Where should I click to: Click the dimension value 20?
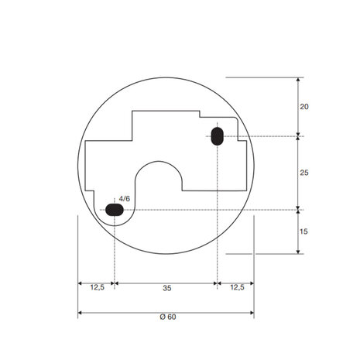click(304, 107)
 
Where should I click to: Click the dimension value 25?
click(304, 173)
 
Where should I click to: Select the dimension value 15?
click(303, 231)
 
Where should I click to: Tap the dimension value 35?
click(167, 288)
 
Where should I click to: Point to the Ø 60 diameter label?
click(168, 317)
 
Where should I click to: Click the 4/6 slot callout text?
click(125, 199)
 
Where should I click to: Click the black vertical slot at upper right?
click(218, 136)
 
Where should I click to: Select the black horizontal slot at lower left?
click(115, 210)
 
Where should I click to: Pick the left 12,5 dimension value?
click(98, 287)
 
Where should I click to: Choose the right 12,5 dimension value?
click(237, 287)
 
